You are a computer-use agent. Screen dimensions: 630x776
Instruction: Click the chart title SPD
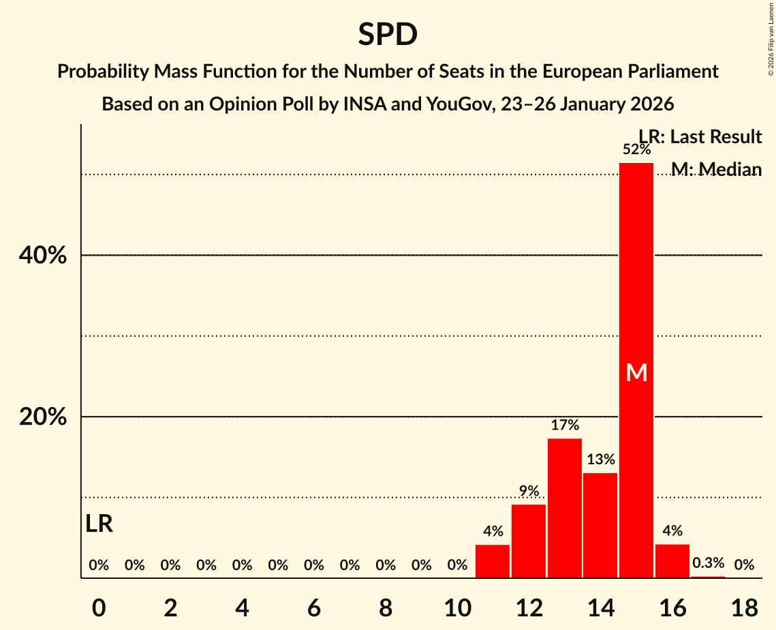388,34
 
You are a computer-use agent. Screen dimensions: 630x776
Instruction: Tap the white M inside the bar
636,372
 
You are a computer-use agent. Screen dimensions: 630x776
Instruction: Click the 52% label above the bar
636,149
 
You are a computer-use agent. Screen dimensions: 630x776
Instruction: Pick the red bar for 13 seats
565,508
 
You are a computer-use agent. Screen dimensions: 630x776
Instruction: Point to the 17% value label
565,425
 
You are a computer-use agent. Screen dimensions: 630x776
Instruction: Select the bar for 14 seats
600,525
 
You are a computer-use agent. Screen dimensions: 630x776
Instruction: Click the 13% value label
600,460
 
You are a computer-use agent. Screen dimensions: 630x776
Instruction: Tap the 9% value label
529,491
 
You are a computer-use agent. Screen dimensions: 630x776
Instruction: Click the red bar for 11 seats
493,561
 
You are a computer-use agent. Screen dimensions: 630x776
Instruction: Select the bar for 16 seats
672,561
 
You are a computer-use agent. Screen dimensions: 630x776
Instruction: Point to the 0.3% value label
708,563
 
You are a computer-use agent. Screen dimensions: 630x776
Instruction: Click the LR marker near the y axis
99,524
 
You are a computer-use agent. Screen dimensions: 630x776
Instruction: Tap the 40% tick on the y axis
42,256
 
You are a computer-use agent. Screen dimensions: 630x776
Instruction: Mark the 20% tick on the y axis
42,417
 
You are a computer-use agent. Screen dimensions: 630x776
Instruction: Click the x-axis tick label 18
744,605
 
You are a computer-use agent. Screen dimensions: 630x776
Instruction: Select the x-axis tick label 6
313,605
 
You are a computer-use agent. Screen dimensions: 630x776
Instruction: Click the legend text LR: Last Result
700,137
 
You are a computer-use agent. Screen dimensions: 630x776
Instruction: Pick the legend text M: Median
716,169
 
